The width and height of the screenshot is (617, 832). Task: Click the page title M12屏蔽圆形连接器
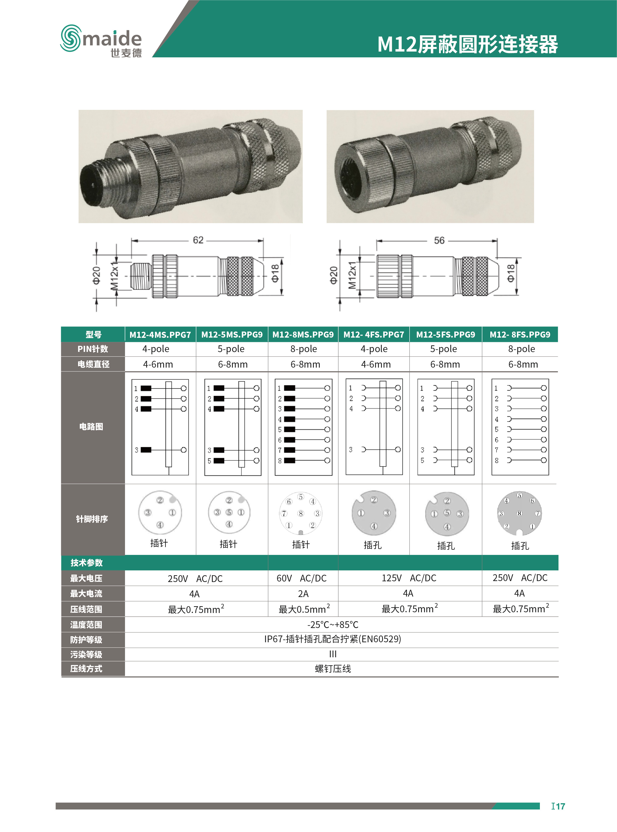(467, 45)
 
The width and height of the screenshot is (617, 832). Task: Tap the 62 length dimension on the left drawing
(198, 240)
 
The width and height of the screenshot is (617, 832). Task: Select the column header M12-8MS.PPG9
(303, 334)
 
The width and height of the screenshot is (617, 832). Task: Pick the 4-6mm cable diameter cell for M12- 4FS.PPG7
(376, 364)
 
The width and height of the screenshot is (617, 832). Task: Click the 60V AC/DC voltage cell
(301, 578)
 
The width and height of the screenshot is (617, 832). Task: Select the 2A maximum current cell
(303, 594)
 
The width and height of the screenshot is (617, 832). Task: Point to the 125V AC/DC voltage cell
(409, 578)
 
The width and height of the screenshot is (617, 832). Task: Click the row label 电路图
(91, 426)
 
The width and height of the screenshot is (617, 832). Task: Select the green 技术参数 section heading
(87, 562)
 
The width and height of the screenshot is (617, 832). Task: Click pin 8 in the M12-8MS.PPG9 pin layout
(301, 514)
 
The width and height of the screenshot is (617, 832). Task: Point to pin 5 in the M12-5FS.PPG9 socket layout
(447, 512)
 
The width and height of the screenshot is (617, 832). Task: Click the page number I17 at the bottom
(558, 806)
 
